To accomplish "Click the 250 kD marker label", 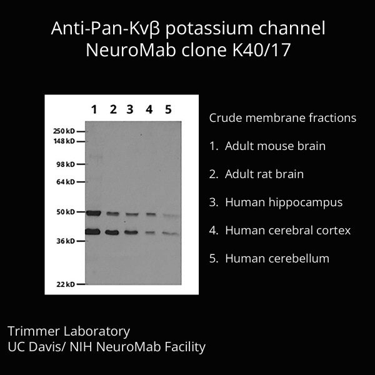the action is tap(64, 131).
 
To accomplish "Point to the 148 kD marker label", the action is tap(64, 141).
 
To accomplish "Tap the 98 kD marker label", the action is tap(66, 164).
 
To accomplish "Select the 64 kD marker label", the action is tap(66, 182).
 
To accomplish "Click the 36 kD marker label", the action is tap(66, 241).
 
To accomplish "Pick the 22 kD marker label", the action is tap(66, 284).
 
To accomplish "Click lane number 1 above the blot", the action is tap(94, 109).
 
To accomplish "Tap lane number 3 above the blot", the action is tap(130, 109).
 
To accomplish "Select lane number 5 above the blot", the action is tap(168, 109).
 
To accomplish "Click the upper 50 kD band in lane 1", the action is tap(94, 213).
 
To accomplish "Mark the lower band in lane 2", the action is tap(112, 232).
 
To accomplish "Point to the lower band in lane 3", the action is tap(131, 232).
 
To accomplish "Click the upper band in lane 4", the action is tap(151, 214).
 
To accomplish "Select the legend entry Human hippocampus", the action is tap(276, 202).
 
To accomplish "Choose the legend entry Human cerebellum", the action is tap(269, 258).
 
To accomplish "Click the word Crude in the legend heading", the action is tap(225, 117).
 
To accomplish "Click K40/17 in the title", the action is tap(261, 50).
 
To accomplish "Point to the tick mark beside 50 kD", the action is tap(81, 212).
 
